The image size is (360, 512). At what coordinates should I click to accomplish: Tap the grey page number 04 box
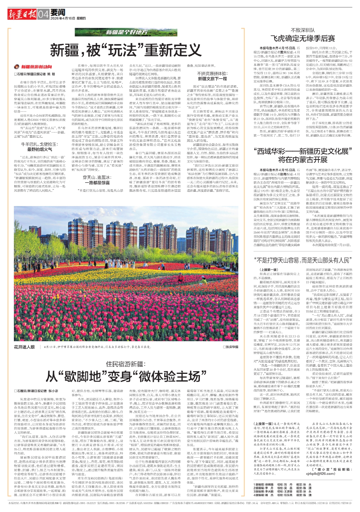pyautogui.click(x=43, y=15)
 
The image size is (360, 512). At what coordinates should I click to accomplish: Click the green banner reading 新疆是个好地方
pyautogui.click(x=126, y=32)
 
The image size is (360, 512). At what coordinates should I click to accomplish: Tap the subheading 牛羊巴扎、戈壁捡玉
pyautogui.click(x=39, y=144)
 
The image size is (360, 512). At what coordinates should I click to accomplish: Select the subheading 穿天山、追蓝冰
pyautogui.click(x=96, y=178)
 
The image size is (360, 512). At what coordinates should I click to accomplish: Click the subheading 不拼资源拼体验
pyautogui.click(x=212, y=74)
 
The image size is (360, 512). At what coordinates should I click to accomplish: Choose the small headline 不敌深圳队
pyautogui.click(x=303, y=30)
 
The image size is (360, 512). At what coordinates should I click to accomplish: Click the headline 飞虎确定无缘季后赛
pyautogui.click(x=303, y=38)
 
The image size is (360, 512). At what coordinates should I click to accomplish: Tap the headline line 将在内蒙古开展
pyautogui.click(x=303, y=160)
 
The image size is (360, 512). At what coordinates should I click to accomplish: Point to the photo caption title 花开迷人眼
pyautogui.click(x=24, y=347)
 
